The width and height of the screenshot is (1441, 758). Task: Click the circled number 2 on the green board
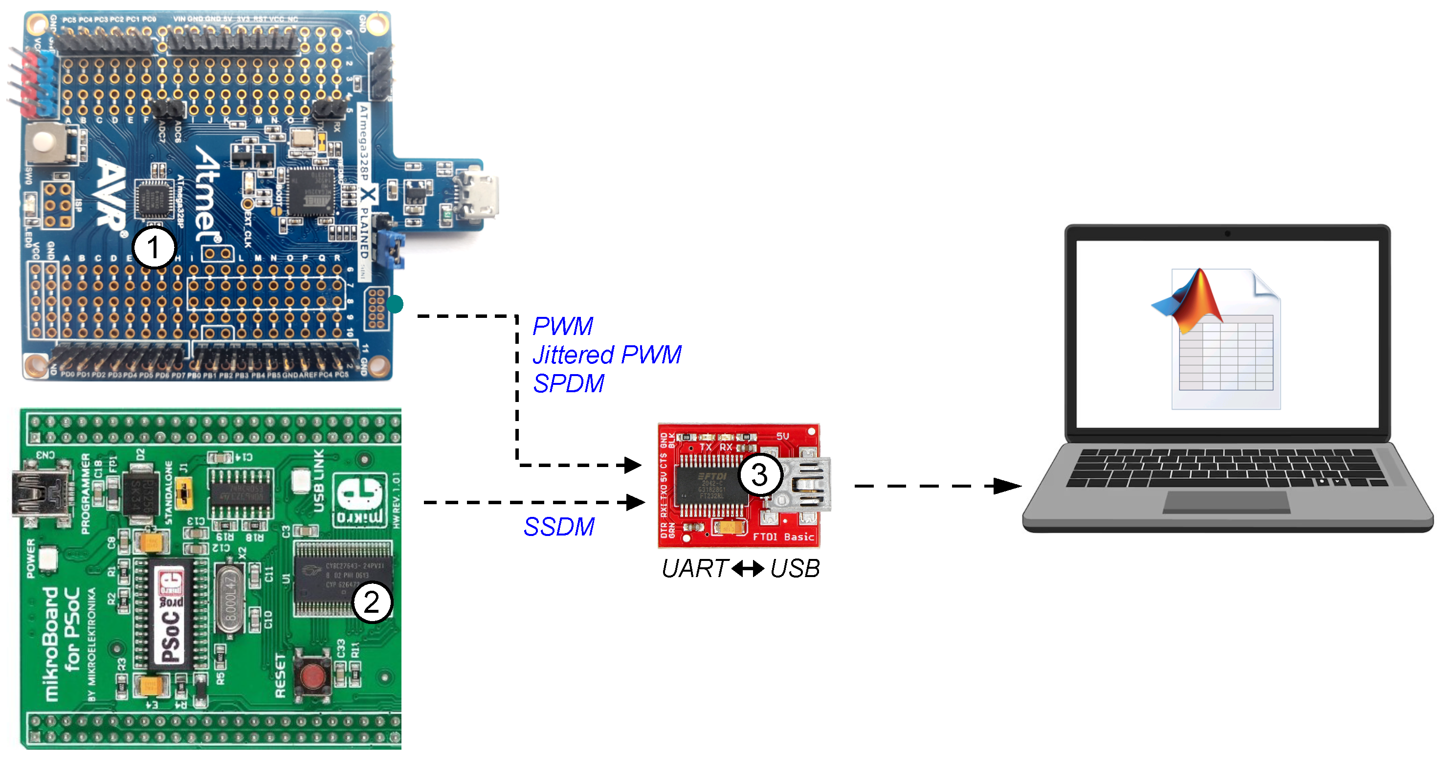[372, 602]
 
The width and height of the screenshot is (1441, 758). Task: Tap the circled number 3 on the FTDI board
[759, 475]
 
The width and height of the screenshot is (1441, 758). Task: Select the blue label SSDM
[559, 526]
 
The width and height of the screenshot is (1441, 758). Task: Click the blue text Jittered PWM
[607, 355]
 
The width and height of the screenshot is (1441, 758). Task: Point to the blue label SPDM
[568, 384]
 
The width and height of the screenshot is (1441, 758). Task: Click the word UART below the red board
[694, 569]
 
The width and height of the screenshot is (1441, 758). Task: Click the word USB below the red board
[795, 569]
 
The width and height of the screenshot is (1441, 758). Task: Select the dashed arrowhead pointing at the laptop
[1007, 486]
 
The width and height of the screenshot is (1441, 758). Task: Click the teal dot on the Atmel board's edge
[395, 304]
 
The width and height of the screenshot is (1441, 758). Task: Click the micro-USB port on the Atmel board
[478, 196]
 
